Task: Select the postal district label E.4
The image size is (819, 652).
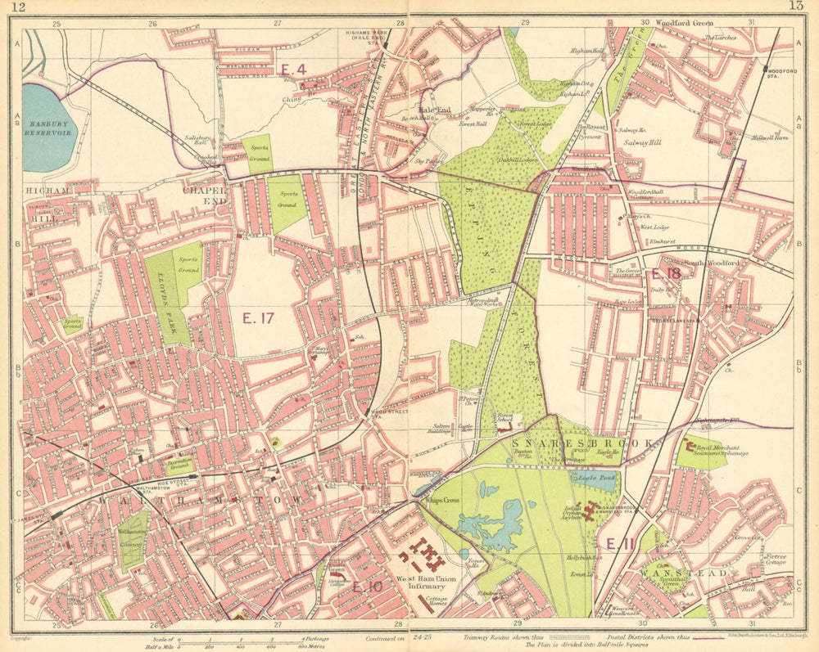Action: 292,70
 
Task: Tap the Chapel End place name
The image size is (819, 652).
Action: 204,195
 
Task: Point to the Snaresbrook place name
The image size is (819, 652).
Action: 582,443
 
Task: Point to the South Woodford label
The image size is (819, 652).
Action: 717,263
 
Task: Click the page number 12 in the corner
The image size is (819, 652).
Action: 20,7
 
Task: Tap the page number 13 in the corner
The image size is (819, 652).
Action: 795,7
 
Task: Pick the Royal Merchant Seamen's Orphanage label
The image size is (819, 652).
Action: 711,451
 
